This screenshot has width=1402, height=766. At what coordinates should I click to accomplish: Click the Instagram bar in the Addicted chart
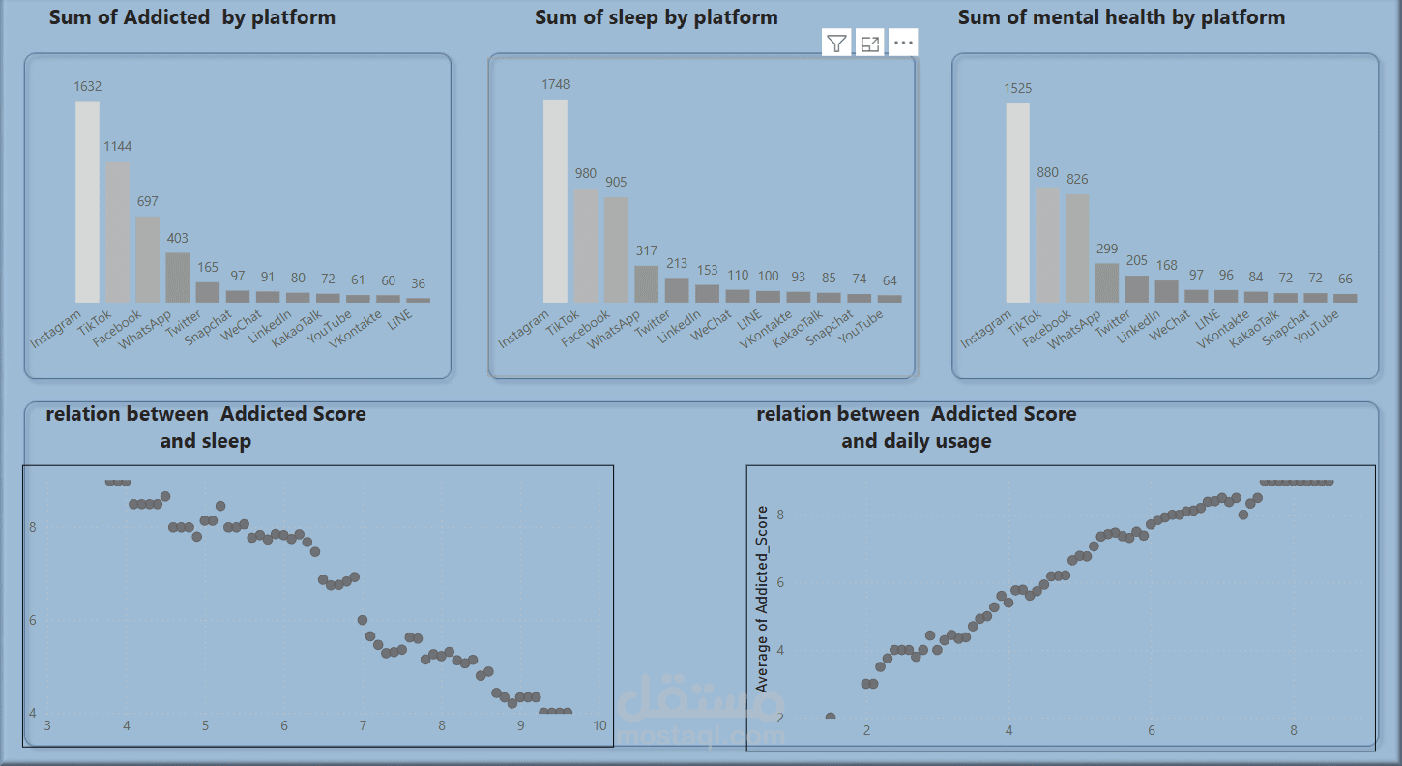[87, 203]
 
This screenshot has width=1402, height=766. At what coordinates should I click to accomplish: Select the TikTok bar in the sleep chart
[586, 246]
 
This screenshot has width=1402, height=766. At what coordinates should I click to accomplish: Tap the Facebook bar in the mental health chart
[1077, 249]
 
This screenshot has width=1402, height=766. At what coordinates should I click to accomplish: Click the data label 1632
[87, 86]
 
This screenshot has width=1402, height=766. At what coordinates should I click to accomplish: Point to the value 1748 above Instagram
[555, 84]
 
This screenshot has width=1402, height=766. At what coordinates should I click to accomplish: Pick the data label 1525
[1017, 88]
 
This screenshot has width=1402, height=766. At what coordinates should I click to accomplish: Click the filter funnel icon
[837, 43]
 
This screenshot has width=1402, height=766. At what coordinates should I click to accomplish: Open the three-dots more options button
[903, 43]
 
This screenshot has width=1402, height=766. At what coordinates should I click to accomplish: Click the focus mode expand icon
[870, 43]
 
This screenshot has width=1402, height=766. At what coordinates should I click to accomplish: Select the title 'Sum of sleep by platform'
[656, 17]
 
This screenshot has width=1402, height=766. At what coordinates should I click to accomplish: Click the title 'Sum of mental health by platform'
[1122, 17]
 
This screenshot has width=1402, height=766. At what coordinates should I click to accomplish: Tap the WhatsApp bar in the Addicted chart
[177, 278]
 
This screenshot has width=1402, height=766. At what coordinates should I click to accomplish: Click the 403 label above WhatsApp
[177, 238]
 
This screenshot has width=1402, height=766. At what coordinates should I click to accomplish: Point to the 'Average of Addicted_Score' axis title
[762, 599]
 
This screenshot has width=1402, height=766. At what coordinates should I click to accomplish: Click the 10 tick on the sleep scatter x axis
[600, 726]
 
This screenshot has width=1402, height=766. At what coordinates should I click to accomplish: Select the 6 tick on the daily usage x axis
[1152, 730]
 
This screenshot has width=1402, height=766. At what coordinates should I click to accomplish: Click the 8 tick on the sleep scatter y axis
[33, 527]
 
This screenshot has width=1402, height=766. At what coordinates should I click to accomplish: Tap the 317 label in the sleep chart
[646, 250]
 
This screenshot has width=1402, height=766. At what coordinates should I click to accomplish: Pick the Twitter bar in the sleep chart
[677, 290]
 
